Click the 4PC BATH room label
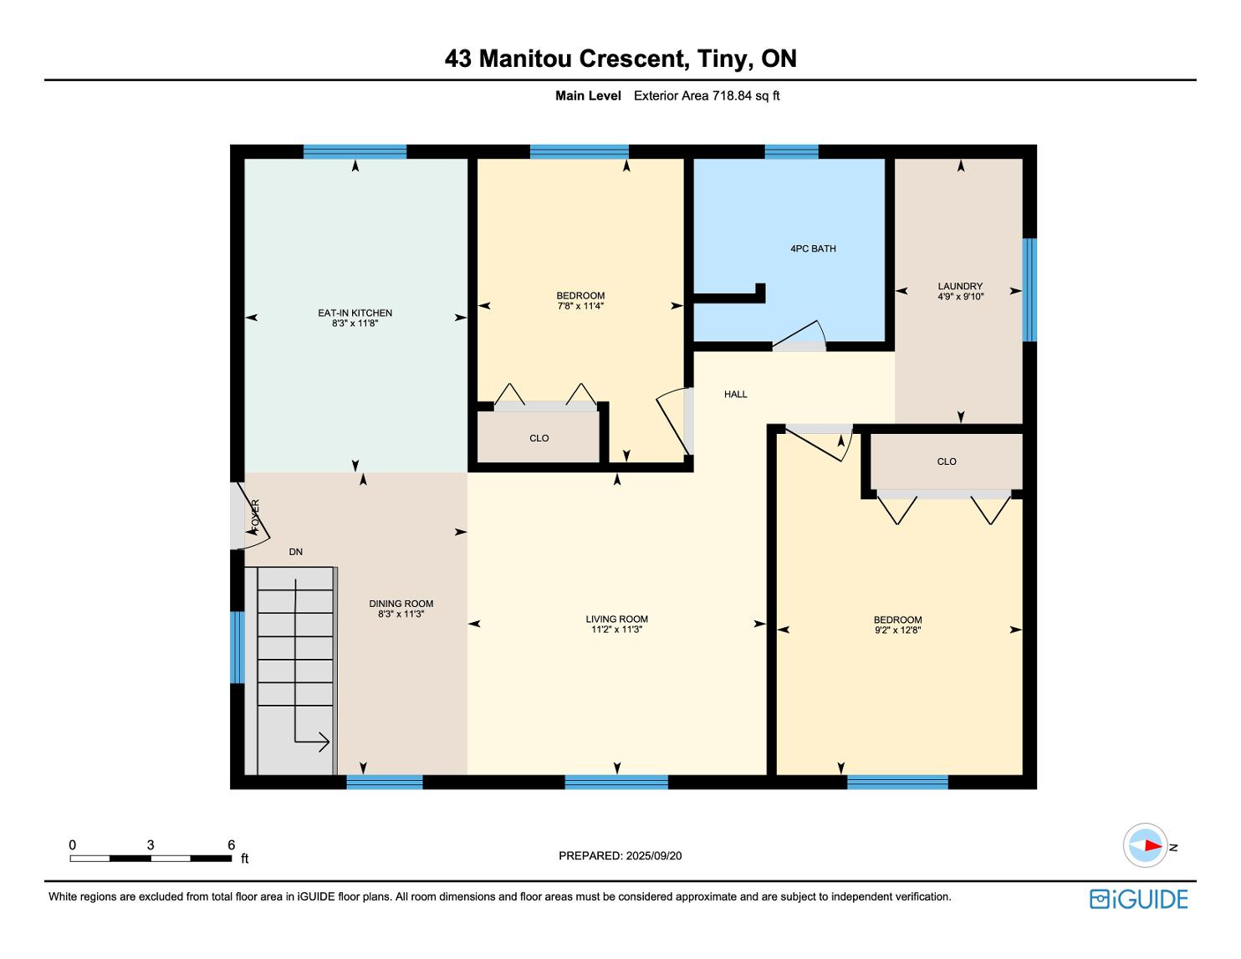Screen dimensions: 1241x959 (813, 249)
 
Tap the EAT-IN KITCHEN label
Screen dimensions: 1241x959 (355, 313)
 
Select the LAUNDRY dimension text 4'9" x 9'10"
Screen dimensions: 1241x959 (961, 296)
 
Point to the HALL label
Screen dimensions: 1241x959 (736, 394)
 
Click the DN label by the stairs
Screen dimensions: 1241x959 (295, 552)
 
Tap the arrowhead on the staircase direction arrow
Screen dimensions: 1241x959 (324, 742)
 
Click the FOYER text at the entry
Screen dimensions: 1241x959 (255, 513)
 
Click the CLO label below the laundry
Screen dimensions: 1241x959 (947, 462)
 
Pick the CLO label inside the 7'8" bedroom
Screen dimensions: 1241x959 (539, 438)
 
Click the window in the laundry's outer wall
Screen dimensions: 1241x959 (1029, 289)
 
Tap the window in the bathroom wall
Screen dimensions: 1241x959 (791, 151)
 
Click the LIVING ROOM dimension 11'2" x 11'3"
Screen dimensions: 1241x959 (617, 629)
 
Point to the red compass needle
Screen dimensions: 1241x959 (1153, 844)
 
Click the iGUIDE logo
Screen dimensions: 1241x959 (1138, 899)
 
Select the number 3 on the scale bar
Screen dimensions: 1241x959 (151, 844)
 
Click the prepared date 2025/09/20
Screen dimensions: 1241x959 (654, 855)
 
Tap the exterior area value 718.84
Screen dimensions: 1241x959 (733, 96)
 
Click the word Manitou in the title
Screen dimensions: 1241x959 (525, 59)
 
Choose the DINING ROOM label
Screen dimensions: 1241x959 (401, 604)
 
